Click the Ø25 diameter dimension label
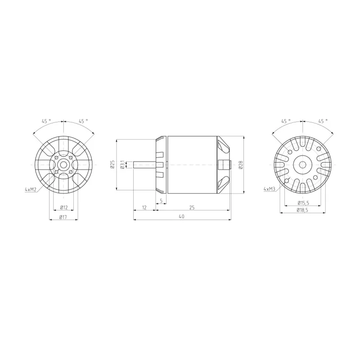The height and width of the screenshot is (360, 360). pyautogui.click(x=112, y=164)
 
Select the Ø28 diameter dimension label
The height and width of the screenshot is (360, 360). pyautogui.click(x=240, y=165)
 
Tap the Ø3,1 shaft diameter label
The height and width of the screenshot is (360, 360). pyautogui.click(x=122, y=165)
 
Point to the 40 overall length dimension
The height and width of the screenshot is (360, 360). pyautogui.click(x=182, y=216)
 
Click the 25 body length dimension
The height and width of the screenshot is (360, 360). pyautogui.click(x=192, y=207)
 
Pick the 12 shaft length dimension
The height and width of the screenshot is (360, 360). pyautogui.click(x=144, y=207)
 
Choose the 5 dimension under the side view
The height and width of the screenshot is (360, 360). pyautogui.click(x=161, y=201)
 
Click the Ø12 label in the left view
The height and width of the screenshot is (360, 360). pyautogui.click(x=64, y=207)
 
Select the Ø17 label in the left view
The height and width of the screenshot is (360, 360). pyautogui.click(x=63, y=217)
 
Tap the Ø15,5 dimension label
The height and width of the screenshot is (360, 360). pyautogui.click(x=303, y=203)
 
